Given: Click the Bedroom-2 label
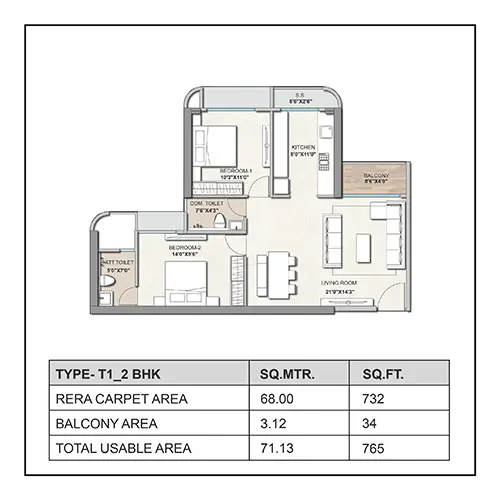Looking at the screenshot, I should (186, 247).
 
